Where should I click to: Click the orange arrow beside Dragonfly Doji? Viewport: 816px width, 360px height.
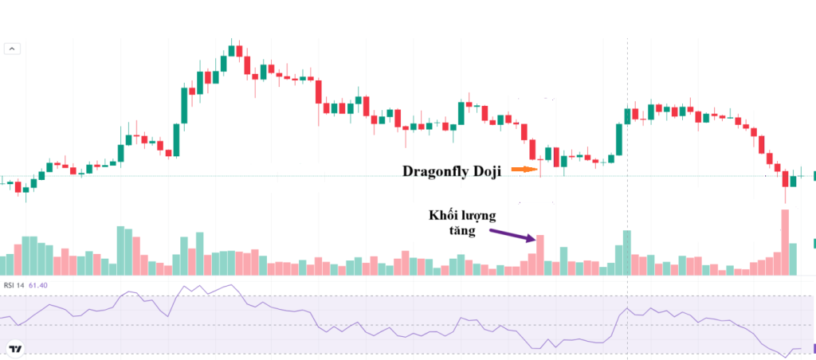pos(524,170)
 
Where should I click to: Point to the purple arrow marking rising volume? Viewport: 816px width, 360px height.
pos(512,234)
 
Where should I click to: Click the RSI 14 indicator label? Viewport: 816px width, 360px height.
pos(14,284)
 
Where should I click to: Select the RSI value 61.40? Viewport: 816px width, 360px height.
pos(38,284)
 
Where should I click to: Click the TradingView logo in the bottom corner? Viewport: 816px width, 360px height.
pos(14,348)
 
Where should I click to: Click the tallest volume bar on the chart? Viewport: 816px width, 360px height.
pos(784,242)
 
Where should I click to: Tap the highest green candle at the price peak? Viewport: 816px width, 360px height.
pos(232,51)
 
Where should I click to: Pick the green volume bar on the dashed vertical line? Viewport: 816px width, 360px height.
pos(626,252)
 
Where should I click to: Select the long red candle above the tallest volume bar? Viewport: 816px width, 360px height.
pos(785,179)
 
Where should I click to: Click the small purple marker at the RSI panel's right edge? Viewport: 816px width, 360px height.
pos(814,348)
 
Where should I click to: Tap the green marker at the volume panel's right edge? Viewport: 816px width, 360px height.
pos(814,244)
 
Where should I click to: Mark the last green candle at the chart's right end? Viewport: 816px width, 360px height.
pos(793,181)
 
